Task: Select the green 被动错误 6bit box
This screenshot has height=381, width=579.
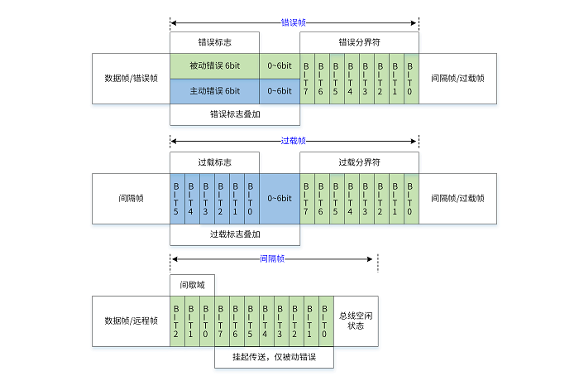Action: pyautogui.click(x=214, y=66)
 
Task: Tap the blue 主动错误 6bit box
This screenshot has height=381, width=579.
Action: pyautogui.click(x=214, y=91)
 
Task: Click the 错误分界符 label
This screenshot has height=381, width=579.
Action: pyautogui.click(x=359, y=42)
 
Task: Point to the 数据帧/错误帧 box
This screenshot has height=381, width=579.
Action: pyautogui.click(x=131, y=79)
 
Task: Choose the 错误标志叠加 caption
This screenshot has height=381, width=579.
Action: pyautogui.click(x=235, y=114)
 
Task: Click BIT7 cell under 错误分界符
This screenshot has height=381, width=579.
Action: pyautogui.click(x=307, y=79)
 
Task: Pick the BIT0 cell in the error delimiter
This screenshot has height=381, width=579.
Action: pyautogui.click(x=411, y=79)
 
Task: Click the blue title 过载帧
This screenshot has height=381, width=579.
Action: pyautogui.click(x=293, y=141)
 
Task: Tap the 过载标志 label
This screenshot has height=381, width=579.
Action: pyautogui.click(x=214, y=162)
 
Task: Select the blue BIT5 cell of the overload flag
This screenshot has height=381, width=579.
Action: pyautogui.click(x=177, y=199)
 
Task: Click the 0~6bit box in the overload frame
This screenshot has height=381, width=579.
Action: pyautogui.click(x=280, y=199)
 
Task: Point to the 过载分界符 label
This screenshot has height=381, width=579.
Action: pyautogui.click(x=359, y=162)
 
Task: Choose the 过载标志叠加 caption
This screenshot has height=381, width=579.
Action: pyautogui.click(x=235, y=234)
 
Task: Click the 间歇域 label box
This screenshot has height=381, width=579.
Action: pyautogui.click(x=192, y=285)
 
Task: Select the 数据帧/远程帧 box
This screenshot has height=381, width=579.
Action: pyautogui.click(x=131, y=321)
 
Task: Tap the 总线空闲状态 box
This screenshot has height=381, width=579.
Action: pyautogui.click(x=356, y=321)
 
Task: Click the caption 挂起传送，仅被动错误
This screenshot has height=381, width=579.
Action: pyautogui.click(x=274, y=356)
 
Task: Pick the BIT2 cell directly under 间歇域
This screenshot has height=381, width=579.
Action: pyautogui.click(x=177, y=321)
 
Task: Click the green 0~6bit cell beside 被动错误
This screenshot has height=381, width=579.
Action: pyautogui.click(x=280, y=66)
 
